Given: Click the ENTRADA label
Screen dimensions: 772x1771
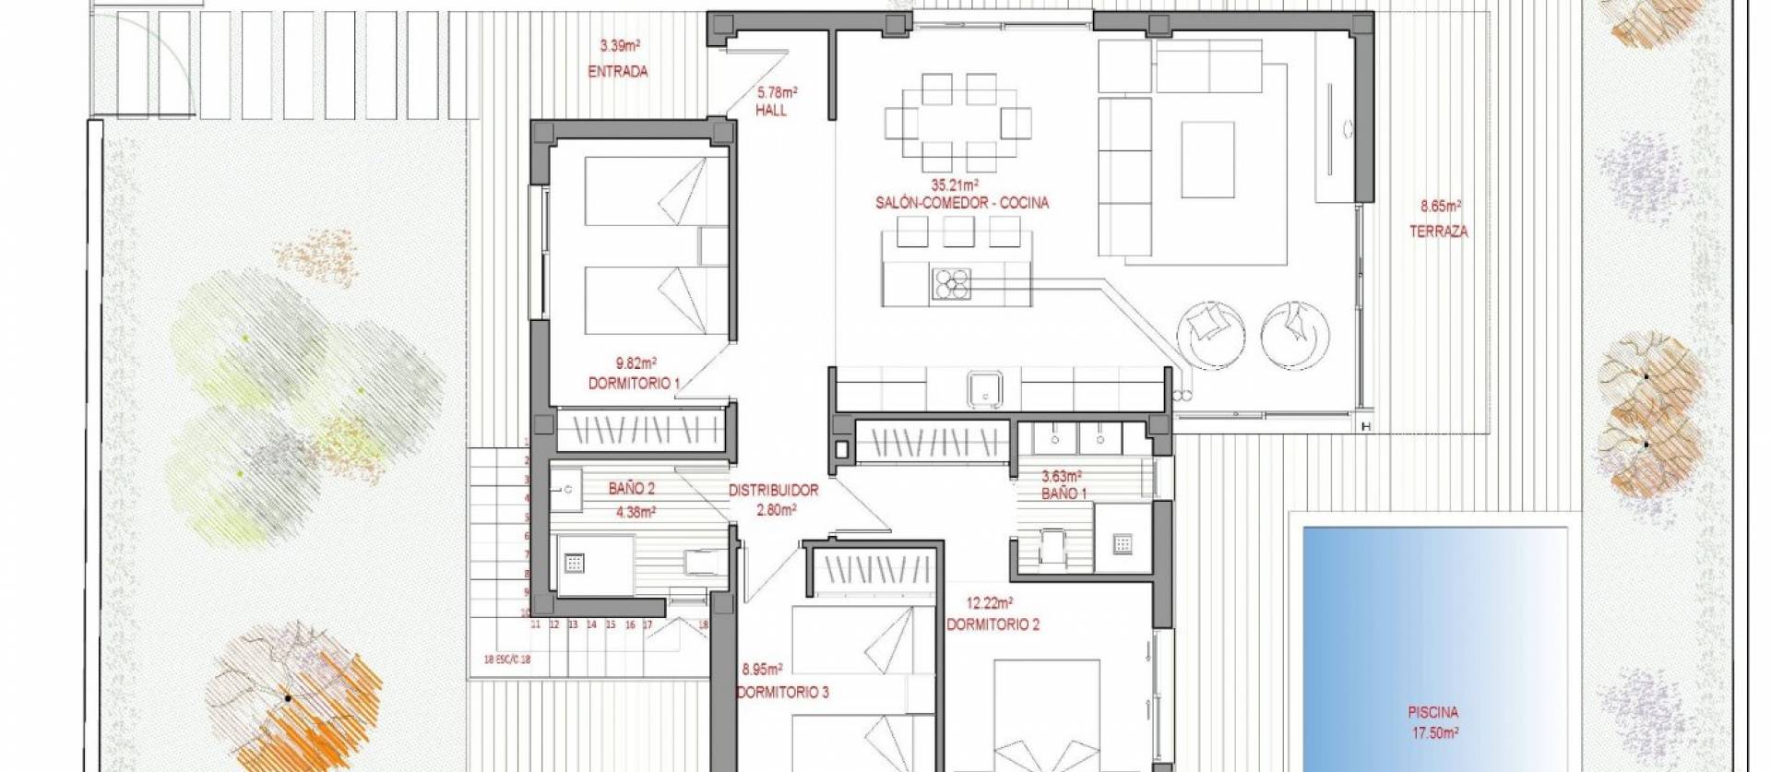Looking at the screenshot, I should (x=618, y=71).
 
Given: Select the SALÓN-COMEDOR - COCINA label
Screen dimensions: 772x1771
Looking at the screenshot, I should (x=962, y=203).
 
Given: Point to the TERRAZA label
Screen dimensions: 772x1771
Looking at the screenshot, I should (x=1438, y=232).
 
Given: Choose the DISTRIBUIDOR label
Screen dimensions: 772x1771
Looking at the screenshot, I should (x=773, y=491).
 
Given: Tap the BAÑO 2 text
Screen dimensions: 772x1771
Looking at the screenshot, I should (x=632, y=489).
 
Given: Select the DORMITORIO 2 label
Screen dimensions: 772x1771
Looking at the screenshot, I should (x=992, y=624).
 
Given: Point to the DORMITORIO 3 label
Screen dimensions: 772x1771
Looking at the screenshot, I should (x=782, y=692).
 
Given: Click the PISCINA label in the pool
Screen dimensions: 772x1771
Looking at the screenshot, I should (x=1432, y=713).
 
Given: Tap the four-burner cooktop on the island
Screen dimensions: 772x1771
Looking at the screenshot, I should (x=952, y=283).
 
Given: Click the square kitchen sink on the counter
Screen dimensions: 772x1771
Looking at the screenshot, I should (x=985, y=389).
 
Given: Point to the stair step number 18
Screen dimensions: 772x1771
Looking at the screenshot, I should (x=704, y=624).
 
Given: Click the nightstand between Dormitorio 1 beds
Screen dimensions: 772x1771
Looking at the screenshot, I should (x=714, y=246).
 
